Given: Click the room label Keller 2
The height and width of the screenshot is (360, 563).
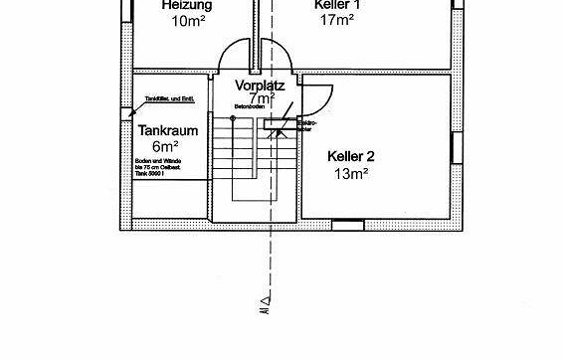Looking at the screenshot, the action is [x=351, y=156].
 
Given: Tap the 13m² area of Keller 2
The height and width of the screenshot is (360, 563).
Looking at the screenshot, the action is [x=351, y=172].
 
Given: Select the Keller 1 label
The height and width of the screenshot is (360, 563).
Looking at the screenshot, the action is [x=338, y=5].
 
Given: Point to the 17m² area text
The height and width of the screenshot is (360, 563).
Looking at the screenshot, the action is [x=338, y=19].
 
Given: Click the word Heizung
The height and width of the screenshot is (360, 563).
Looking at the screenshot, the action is [x=187, y=5].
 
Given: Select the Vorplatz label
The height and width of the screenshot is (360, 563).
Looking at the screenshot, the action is [x=262, y=86].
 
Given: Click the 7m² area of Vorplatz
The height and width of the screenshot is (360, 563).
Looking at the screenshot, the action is [x=262, y=98].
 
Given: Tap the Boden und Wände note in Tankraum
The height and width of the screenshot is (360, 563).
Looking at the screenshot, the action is [x=161, y=166].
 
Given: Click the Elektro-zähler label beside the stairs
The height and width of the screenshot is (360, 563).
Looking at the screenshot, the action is [x=306, y=127].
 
